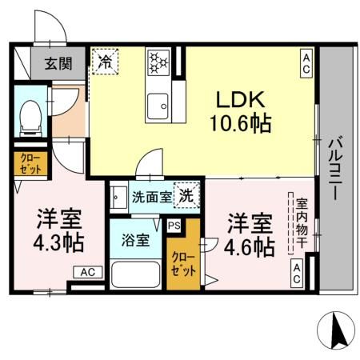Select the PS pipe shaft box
click(174, 226)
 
